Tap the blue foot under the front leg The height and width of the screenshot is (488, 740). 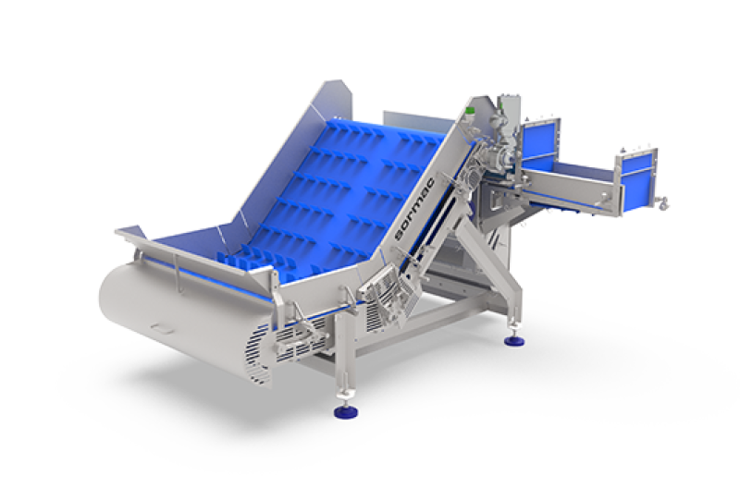pyautogui.click(x=345, y=411)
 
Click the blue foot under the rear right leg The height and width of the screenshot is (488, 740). pyautogui.click(x=514, y=340)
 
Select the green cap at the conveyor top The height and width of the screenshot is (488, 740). pyautogui.click(x=469, y=112)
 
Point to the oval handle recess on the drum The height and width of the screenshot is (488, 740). pyautogui.click(x=162, y=328)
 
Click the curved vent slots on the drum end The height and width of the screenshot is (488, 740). pyautogui.click(x=256, y=351)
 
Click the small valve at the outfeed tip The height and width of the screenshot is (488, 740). pyautogui.click(x=662, y=203)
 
